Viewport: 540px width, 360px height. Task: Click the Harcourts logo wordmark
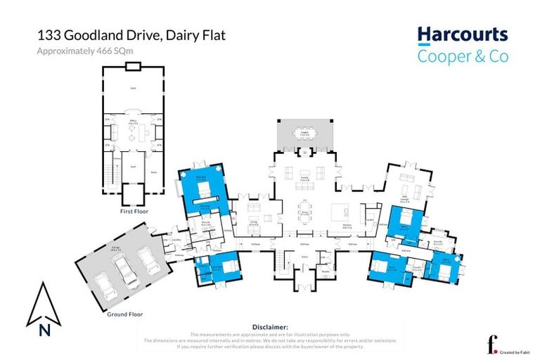pyautogui.click(x=462, y=34)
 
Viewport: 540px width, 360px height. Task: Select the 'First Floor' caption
pyautogui.click(x=133, y=211)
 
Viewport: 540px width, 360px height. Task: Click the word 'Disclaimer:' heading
pyautogui.click(x=269, y=327)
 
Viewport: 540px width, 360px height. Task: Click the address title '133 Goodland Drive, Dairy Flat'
pyautogui.click(x=131, y=36)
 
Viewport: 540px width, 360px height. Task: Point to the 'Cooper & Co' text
pyautogui.click(x=462, y=56)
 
